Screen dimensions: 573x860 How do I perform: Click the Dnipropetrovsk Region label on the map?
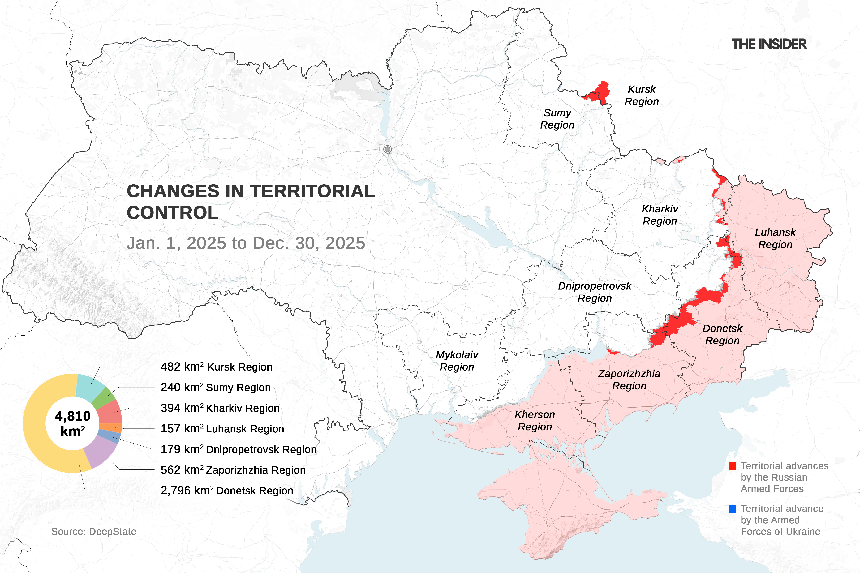click(x=595, y=292)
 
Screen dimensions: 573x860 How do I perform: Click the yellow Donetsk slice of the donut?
click(x=40, y=424)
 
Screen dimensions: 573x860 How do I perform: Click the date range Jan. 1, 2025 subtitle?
click(x=246, y=243)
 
